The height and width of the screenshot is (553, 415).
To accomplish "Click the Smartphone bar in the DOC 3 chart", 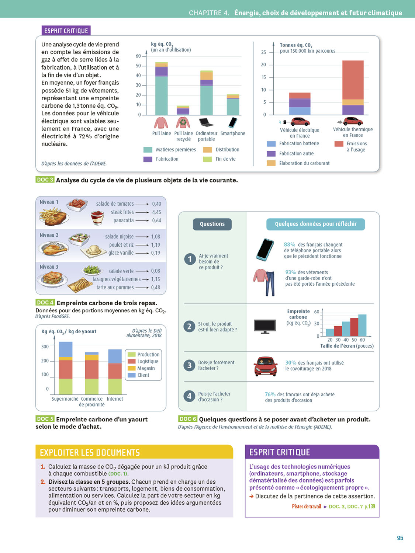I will [x=233, y=105].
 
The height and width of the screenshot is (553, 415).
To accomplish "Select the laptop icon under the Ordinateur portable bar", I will [x=206, y=122].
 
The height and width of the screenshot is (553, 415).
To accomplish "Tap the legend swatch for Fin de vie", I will [x=207, y=159].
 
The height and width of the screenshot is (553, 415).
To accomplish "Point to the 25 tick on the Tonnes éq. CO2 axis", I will [x=263, y=52].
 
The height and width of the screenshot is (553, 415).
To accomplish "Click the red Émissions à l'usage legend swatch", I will [x=339, y=144].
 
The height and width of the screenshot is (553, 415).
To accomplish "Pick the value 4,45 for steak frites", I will [x=156, y=212].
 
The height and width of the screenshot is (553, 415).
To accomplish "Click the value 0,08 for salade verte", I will [x=155, y=271].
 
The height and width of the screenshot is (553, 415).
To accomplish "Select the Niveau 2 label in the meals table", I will [x=49, y=235].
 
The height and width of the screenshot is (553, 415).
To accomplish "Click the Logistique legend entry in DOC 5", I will [x=148, y=361].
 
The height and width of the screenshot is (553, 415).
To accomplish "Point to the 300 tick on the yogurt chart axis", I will [x=45, y=347].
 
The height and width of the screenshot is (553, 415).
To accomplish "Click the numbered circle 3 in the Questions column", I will [x=189, y=365].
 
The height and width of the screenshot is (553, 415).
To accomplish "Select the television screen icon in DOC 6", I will [x=265, y=326].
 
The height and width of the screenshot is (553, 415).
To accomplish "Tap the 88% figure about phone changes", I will [x=289, y=244].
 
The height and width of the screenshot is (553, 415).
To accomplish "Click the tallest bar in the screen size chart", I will [x=362, y=325].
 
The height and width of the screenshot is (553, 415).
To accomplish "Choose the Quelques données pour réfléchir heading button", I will [x=315, y=224].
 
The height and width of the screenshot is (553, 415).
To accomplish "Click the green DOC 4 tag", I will [x=45, y=302].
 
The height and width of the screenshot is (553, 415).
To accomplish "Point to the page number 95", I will [x=400, y=538].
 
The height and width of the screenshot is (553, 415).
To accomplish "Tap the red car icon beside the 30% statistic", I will [x=265, y=366].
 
